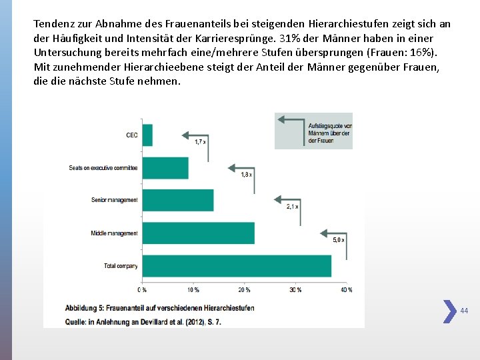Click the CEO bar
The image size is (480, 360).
pyautogui.click(x=147, y=135)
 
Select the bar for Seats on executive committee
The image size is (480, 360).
pyautogui.click(x=165, y=168)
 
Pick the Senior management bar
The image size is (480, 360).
pyautogui.click(x=178, y=200)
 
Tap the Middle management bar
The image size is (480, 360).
pyautogui.click(x=199, y=233)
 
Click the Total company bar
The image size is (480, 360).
pyautogui.click(x=237, y=265)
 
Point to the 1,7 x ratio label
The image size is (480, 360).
pyautogui.click(x=200, y=141)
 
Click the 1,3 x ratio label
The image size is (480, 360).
pyautogui.click(x=246, y=174)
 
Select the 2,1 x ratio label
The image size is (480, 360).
pyautogui.click(x=292, y=207)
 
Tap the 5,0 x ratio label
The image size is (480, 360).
pyautogui.click(x=338, y=239)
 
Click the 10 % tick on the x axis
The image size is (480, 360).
pyautogui.click(x=193, y=290)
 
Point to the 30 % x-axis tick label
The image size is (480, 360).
pyautogui.click(x=295, y=290)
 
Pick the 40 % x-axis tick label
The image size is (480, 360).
pyautogui.click(x=346, y=290)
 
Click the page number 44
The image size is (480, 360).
pyautogui.click(x=465, y=311)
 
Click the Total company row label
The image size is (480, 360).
pyautogui.click(x=121, y=266)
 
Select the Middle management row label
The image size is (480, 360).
pyautogui.click(x=114, y=233)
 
